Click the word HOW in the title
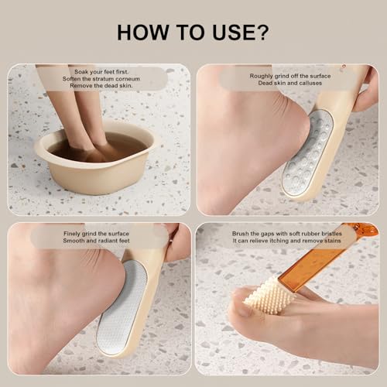pyautogui.click(x=142, y=33)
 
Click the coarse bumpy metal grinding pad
pyautogui.click(x=307, y=153)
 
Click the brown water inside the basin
pyautogui.click(x=97, y=147)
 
